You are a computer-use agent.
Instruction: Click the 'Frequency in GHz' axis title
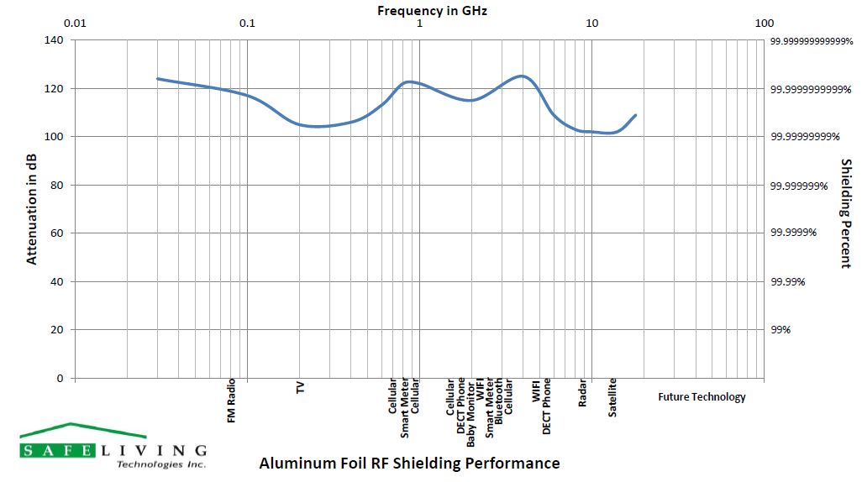coord(432,11)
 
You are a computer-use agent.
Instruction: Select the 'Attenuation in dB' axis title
coord(32,208)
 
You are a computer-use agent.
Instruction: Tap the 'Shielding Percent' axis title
coord(846,213)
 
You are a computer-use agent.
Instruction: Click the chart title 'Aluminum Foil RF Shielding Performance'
coord(409,463)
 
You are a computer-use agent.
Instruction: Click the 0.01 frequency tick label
coord(76,23)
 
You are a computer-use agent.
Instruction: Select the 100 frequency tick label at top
coord(764,23)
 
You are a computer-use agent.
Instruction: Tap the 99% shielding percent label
coord(781,330)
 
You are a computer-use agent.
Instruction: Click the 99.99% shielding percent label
coord(787,282)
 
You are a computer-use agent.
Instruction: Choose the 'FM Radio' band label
coord(232,401)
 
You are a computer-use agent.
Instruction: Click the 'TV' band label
coord(300,387)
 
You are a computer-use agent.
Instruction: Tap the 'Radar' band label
coord(582,394)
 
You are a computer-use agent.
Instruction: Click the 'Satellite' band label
coord(612,398)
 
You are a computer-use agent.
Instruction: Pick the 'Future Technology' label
coord(702,397)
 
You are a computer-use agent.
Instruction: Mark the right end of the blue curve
coord(636,115)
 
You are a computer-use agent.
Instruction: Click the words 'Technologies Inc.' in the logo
coord(160,464)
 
